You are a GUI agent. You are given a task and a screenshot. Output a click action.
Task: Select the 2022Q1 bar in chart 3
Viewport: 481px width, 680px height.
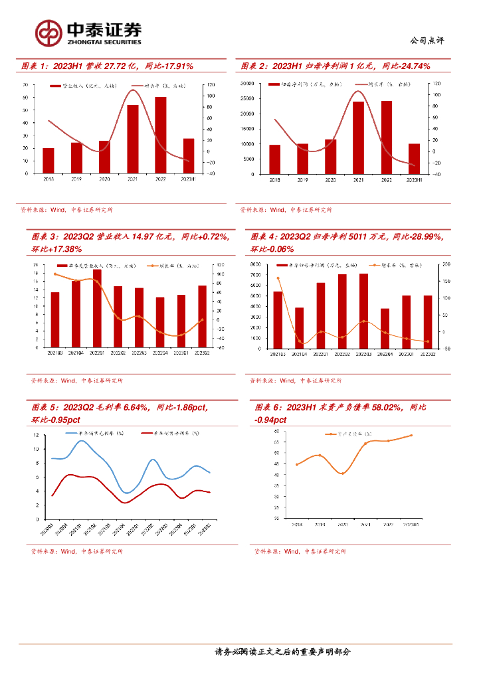(97, 307)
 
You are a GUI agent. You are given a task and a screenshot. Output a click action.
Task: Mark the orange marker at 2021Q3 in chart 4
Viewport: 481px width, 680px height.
(278, 278)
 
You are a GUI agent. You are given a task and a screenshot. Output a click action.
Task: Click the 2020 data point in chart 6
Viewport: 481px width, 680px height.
(342, 473)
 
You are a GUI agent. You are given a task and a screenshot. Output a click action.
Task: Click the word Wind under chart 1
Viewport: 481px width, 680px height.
(57, 210)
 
